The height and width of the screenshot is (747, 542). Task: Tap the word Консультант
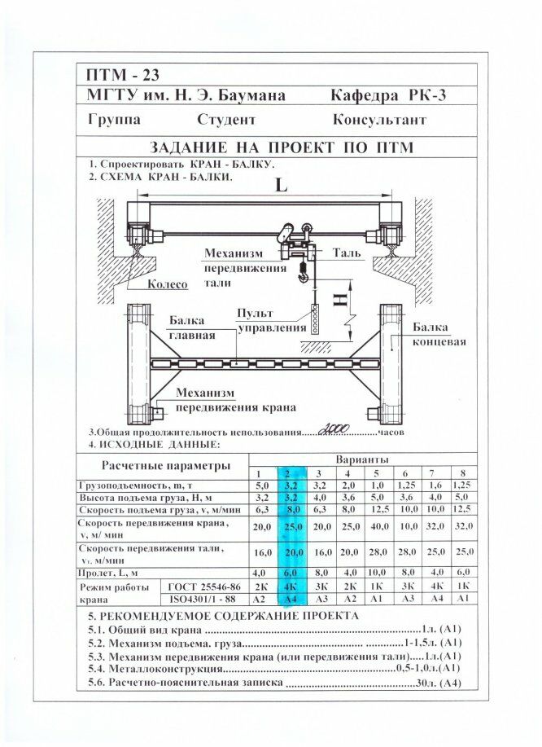(379, 120)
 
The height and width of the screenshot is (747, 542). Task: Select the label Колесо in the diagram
(168, 284)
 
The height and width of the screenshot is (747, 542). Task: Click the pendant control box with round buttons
(314, 319)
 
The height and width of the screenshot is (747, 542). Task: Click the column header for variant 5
(376, 473)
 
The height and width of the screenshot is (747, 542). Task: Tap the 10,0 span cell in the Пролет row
(376, 573)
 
